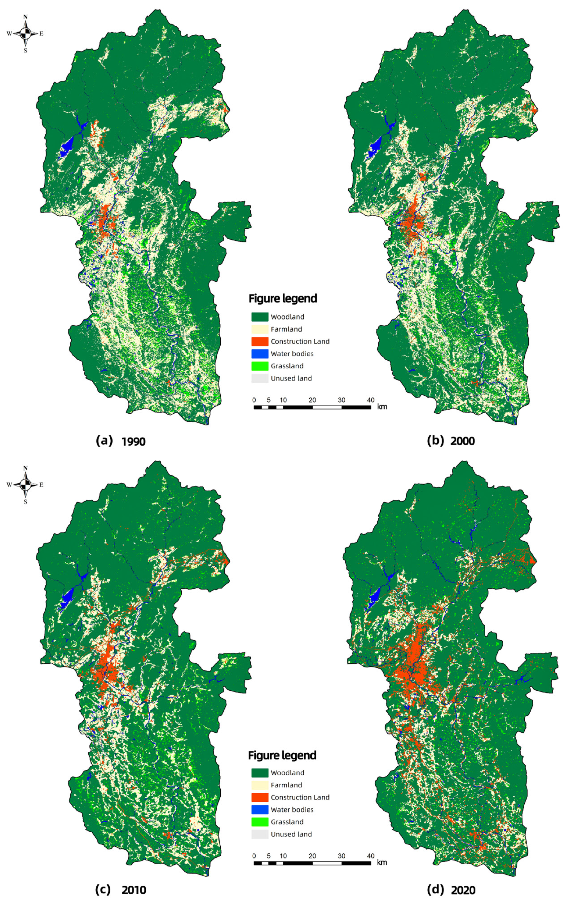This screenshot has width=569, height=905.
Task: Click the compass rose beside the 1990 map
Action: coord(25,33)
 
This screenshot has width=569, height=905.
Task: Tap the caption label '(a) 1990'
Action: coord(121,441)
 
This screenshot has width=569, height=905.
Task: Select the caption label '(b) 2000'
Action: coord(451,441)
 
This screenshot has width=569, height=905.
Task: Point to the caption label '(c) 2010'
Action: coord(121,890)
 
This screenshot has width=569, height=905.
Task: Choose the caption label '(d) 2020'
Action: coord(451,890)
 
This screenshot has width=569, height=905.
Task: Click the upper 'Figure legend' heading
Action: coord(282,298)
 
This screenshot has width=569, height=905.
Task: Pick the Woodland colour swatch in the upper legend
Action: coord(259,317)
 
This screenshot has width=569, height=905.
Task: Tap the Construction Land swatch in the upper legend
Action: coord(259,341)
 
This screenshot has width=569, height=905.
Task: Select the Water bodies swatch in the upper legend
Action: coord(259,354)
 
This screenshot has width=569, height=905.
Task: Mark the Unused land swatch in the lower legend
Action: coord(259,834)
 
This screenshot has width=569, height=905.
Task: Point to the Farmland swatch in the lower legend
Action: coord(259,785)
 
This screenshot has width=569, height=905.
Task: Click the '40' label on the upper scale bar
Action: coord(371,400)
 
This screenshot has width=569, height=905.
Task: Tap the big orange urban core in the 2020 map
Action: coord(414,665)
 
